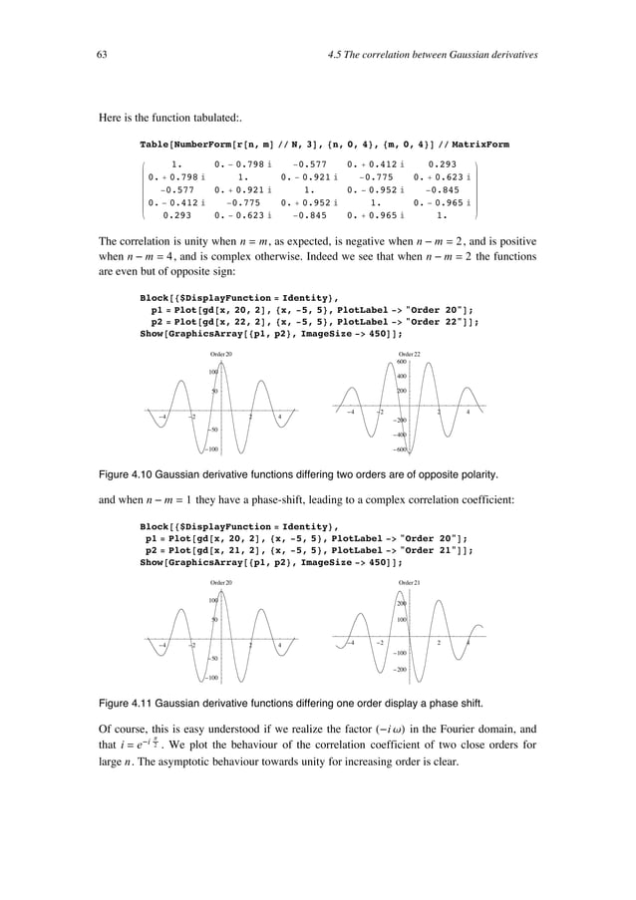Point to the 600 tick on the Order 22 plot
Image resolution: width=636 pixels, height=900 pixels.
coord(403,362)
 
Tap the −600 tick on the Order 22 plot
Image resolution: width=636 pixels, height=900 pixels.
coord(399,450)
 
